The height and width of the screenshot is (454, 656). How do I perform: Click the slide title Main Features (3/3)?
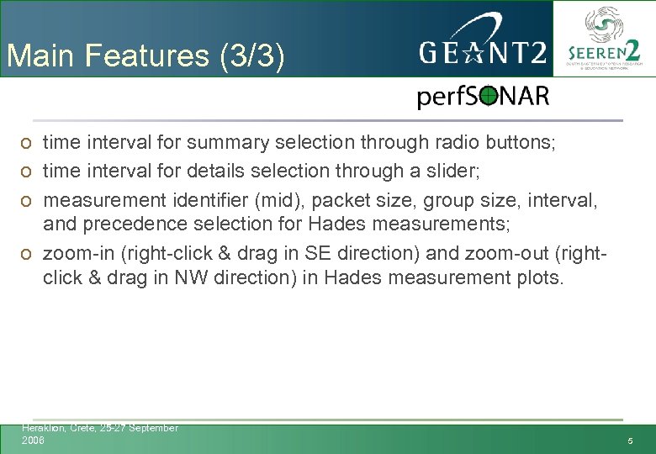145,56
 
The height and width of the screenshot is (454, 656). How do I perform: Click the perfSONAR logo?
483,97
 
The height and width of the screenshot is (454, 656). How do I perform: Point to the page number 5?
630,442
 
